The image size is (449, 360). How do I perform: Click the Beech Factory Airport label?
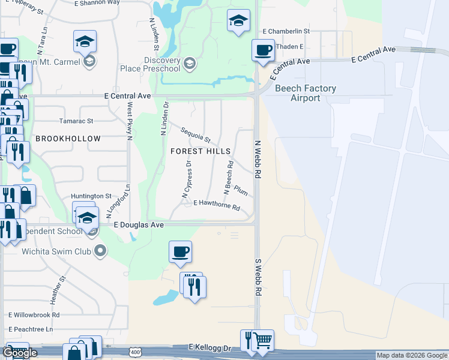coord(305,93)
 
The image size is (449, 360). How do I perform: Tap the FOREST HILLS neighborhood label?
coord(200,151)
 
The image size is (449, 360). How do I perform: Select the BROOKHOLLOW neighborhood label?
coord(68,139)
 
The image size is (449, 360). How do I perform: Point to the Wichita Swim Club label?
coord(57,251)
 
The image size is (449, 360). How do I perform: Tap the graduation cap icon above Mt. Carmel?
coord(85,42)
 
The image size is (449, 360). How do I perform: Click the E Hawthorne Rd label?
coord(216,206)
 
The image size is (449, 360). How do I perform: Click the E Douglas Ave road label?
coord(139,225)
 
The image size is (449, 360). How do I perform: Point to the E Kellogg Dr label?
coord(210,347)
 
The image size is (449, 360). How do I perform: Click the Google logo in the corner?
coord(20,353)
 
